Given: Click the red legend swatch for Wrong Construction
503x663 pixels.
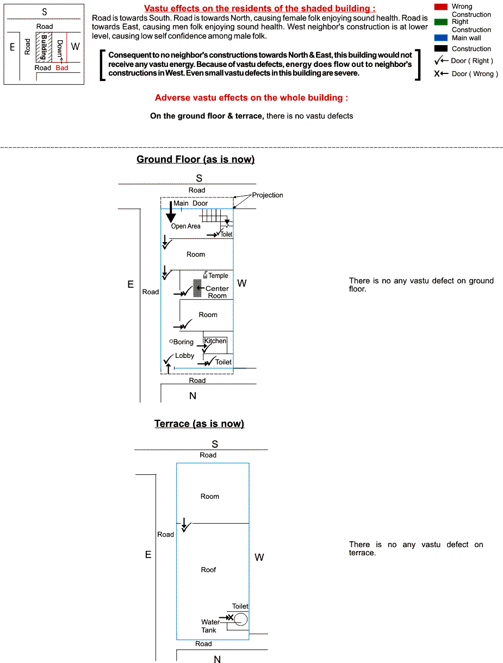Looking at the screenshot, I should click(441, 7).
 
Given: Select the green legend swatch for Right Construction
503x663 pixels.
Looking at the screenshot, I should click(441, 22).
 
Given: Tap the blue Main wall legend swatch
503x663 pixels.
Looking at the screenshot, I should click(441, 38).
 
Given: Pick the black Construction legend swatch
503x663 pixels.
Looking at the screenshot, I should click(441, 48).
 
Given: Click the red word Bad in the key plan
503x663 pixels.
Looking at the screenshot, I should click(62, 68).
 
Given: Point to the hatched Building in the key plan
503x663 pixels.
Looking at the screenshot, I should click(40, 46).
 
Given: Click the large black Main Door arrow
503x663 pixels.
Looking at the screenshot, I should click(171, 212).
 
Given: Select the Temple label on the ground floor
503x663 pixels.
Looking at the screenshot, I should click(218, 276).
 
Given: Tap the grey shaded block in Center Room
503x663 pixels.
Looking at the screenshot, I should click(197, 288).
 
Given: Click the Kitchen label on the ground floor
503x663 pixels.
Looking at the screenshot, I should click(215, 341).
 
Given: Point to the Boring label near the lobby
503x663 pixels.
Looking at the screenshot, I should click(183, 342).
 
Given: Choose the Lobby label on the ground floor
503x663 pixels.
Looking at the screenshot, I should click(185, 356).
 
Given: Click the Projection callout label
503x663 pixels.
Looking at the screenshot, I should click(268, 195).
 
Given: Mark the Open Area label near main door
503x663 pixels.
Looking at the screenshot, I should click(186, 226).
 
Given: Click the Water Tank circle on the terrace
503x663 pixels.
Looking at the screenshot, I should click(241, 619).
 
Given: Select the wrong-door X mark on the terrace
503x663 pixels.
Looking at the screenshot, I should click(230, 617).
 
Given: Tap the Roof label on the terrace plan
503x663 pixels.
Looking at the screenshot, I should click(208, 570).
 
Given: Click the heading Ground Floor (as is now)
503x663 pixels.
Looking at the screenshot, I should click(196, 159).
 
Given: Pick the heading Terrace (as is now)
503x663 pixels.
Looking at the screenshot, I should click(199, 424).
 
